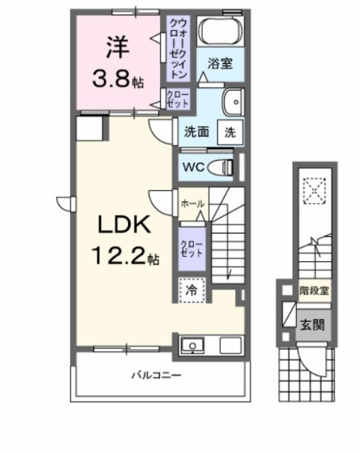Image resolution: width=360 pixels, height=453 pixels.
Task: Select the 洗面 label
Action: pyautogui.click(x=197, y=131)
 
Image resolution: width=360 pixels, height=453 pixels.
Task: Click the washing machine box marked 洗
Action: pyautogui.click(x=231, y=131)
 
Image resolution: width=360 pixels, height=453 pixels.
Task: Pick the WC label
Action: pyautogui.click(x=193, y=167)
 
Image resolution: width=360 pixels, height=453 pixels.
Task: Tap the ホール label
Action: pyautogui.click(x=192, y=204)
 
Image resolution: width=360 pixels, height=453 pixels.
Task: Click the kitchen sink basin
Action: pyautogui.click(x=192, y=346)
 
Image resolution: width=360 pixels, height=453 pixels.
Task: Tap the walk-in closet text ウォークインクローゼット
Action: pyautogui.click(x=178, y=48)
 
